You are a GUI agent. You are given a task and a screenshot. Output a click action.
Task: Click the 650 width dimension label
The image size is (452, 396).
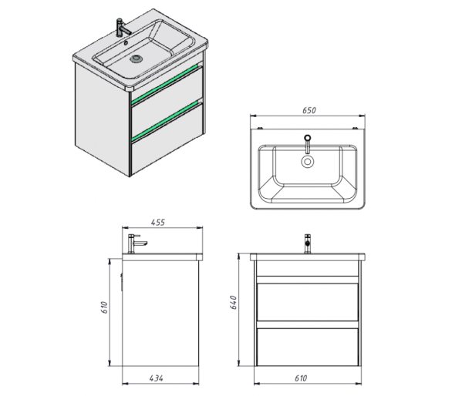coord(309,110)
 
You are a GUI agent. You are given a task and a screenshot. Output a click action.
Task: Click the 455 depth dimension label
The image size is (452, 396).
coord(158,223)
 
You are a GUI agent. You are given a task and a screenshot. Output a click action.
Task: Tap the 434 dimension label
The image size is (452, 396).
coord(157,378)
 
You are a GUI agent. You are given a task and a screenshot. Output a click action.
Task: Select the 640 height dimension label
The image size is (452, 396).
coord(233,303)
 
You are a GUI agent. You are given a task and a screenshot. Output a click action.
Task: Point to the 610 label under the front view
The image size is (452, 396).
coord(301,378)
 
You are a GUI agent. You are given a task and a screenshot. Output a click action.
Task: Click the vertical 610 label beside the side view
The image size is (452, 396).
coord(104,307)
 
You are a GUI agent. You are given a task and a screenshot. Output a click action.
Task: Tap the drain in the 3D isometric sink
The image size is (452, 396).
coord(136,59)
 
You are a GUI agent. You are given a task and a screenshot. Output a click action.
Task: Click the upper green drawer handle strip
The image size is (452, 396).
coord(166,84)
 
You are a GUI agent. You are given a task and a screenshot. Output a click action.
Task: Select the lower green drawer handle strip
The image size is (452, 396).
coord(166,121)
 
